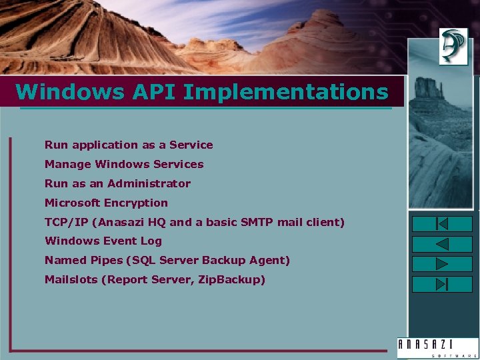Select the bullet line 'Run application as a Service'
click(129, 145)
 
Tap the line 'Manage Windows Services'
click(124, 164)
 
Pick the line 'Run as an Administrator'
click(117, 183)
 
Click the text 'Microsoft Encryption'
click(106, 203)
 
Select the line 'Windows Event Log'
click(103, 241)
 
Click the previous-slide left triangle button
click(442, 244)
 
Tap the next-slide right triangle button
click(442, 264)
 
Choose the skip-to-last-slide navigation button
click(442, 284)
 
